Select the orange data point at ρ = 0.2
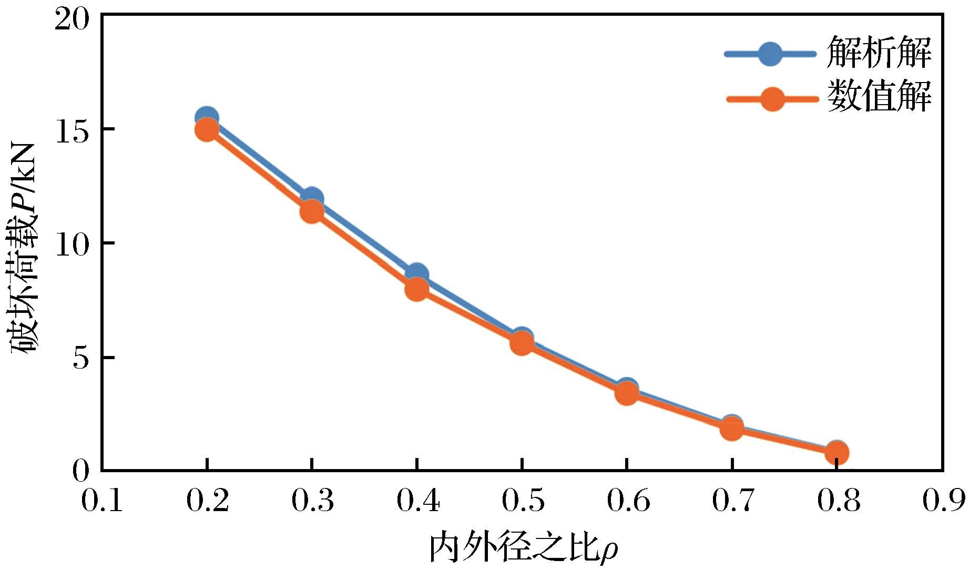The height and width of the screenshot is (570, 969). click(207, 129)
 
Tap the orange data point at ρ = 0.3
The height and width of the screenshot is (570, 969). click(312, 211)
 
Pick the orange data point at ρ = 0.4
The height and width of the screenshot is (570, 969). click(417, 289)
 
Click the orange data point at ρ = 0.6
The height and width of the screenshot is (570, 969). click(627, 393)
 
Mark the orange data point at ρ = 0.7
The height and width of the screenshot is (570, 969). click(731, 429)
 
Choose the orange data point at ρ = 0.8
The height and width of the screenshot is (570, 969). click(837, 452)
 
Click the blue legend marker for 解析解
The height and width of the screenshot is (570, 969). click(770, 53)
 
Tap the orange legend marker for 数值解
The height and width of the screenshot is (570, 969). click(772, 98)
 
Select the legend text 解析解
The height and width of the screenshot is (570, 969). click(879, 53)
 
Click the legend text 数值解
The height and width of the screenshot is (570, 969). click(879, 97)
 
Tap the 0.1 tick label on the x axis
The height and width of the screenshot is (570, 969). click(102, 500)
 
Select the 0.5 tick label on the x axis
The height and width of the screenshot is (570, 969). click(522, 500)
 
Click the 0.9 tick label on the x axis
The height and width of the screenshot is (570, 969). click(943, 500)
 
